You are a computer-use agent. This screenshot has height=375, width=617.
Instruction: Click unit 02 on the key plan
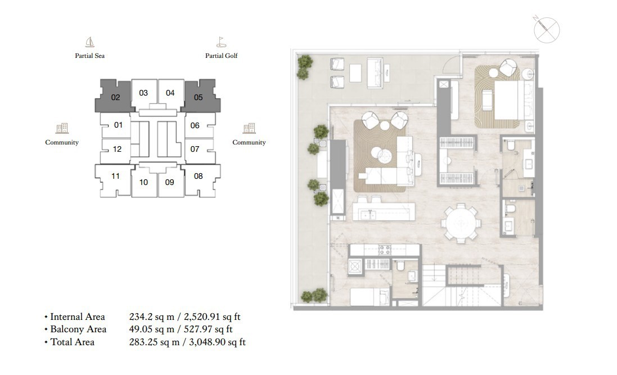click(x=115, y=97)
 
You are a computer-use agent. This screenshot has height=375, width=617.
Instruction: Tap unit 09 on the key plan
click(x=170, y=182)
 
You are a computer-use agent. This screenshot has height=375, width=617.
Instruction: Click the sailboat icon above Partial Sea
click(x=90, y=42)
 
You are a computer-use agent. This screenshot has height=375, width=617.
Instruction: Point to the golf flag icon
click(x=221, y=42)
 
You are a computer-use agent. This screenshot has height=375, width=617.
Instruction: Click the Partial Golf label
click(x=221, y=56)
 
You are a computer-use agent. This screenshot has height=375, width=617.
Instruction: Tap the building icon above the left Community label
click(x=62, y=128)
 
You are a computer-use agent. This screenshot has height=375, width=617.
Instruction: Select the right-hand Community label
click(x=249, y=142)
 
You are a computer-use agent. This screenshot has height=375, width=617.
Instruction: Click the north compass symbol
click(x=547, y=30)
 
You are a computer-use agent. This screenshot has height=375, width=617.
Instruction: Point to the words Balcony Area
click(x=78, y=329)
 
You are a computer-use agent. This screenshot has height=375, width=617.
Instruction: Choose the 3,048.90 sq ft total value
click(x=217, y=342)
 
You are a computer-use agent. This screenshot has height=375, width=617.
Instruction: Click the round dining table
click(x=461, y=223)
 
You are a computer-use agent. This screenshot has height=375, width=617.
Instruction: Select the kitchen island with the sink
click(x=384, y=212)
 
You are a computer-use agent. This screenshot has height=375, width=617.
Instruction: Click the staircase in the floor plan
click(x=462, y=285)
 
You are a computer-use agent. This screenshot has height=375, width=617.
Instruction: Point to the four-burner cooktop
click(x=385, y=250)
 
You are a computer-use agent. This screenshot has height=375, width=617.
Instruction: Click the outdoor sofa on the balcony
click(x=375, y=73)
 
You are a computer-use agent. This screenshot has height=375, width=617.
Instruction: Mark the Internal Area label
click(x=78, y=317)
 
